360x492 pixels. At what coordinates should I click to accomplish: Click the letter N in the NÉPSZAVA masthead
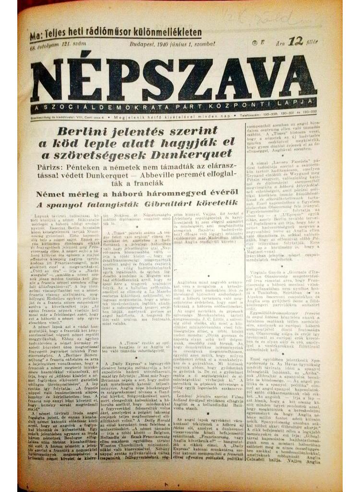pos(48,80)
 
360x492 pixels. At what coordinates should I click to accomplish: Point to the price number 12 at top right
pos(296,41)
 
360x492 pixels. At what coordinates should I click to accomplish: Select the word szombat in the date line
pos(204,44)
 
